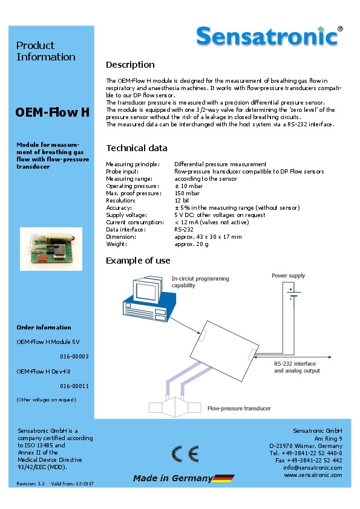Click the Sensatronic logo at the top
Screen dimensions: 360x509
[269, 36]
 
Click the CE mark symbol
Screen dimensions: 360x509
[185, 454]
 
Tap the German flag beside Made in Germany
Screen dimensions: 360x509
[223, 479]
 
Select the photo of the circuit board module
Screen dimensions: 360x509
[51, 249]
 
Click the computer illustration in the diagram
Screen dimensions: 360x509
[149, 299]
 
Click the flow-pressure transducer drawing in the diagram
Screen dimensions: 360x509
[175, 406]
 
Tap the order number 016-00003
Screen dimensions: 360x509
[74, 357]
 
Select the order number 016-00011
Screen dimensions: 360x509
[74, 386]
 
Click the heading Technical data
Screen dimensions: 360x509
[137, 148]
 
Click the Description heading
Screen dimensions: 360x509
[130, 65]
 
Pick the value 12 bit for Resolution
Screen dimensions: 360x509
[182, 200]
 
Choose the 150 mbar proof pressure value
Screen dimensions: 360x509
[187, 193]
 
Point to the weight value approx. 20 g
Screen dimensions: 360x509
[191, 244]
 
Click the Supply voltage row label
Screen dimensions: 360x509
[126, 215]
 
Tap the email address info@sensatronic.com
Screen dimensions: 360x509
[313, 468]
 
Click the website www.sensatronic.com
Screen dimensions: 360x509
[313, 475]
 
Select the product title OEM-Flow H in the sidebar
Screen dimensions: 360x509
[52, 112]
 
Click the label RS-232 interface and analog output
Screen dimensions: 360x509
[297, 367]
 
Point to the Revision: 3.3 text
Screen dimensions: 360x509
[30, 484]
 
